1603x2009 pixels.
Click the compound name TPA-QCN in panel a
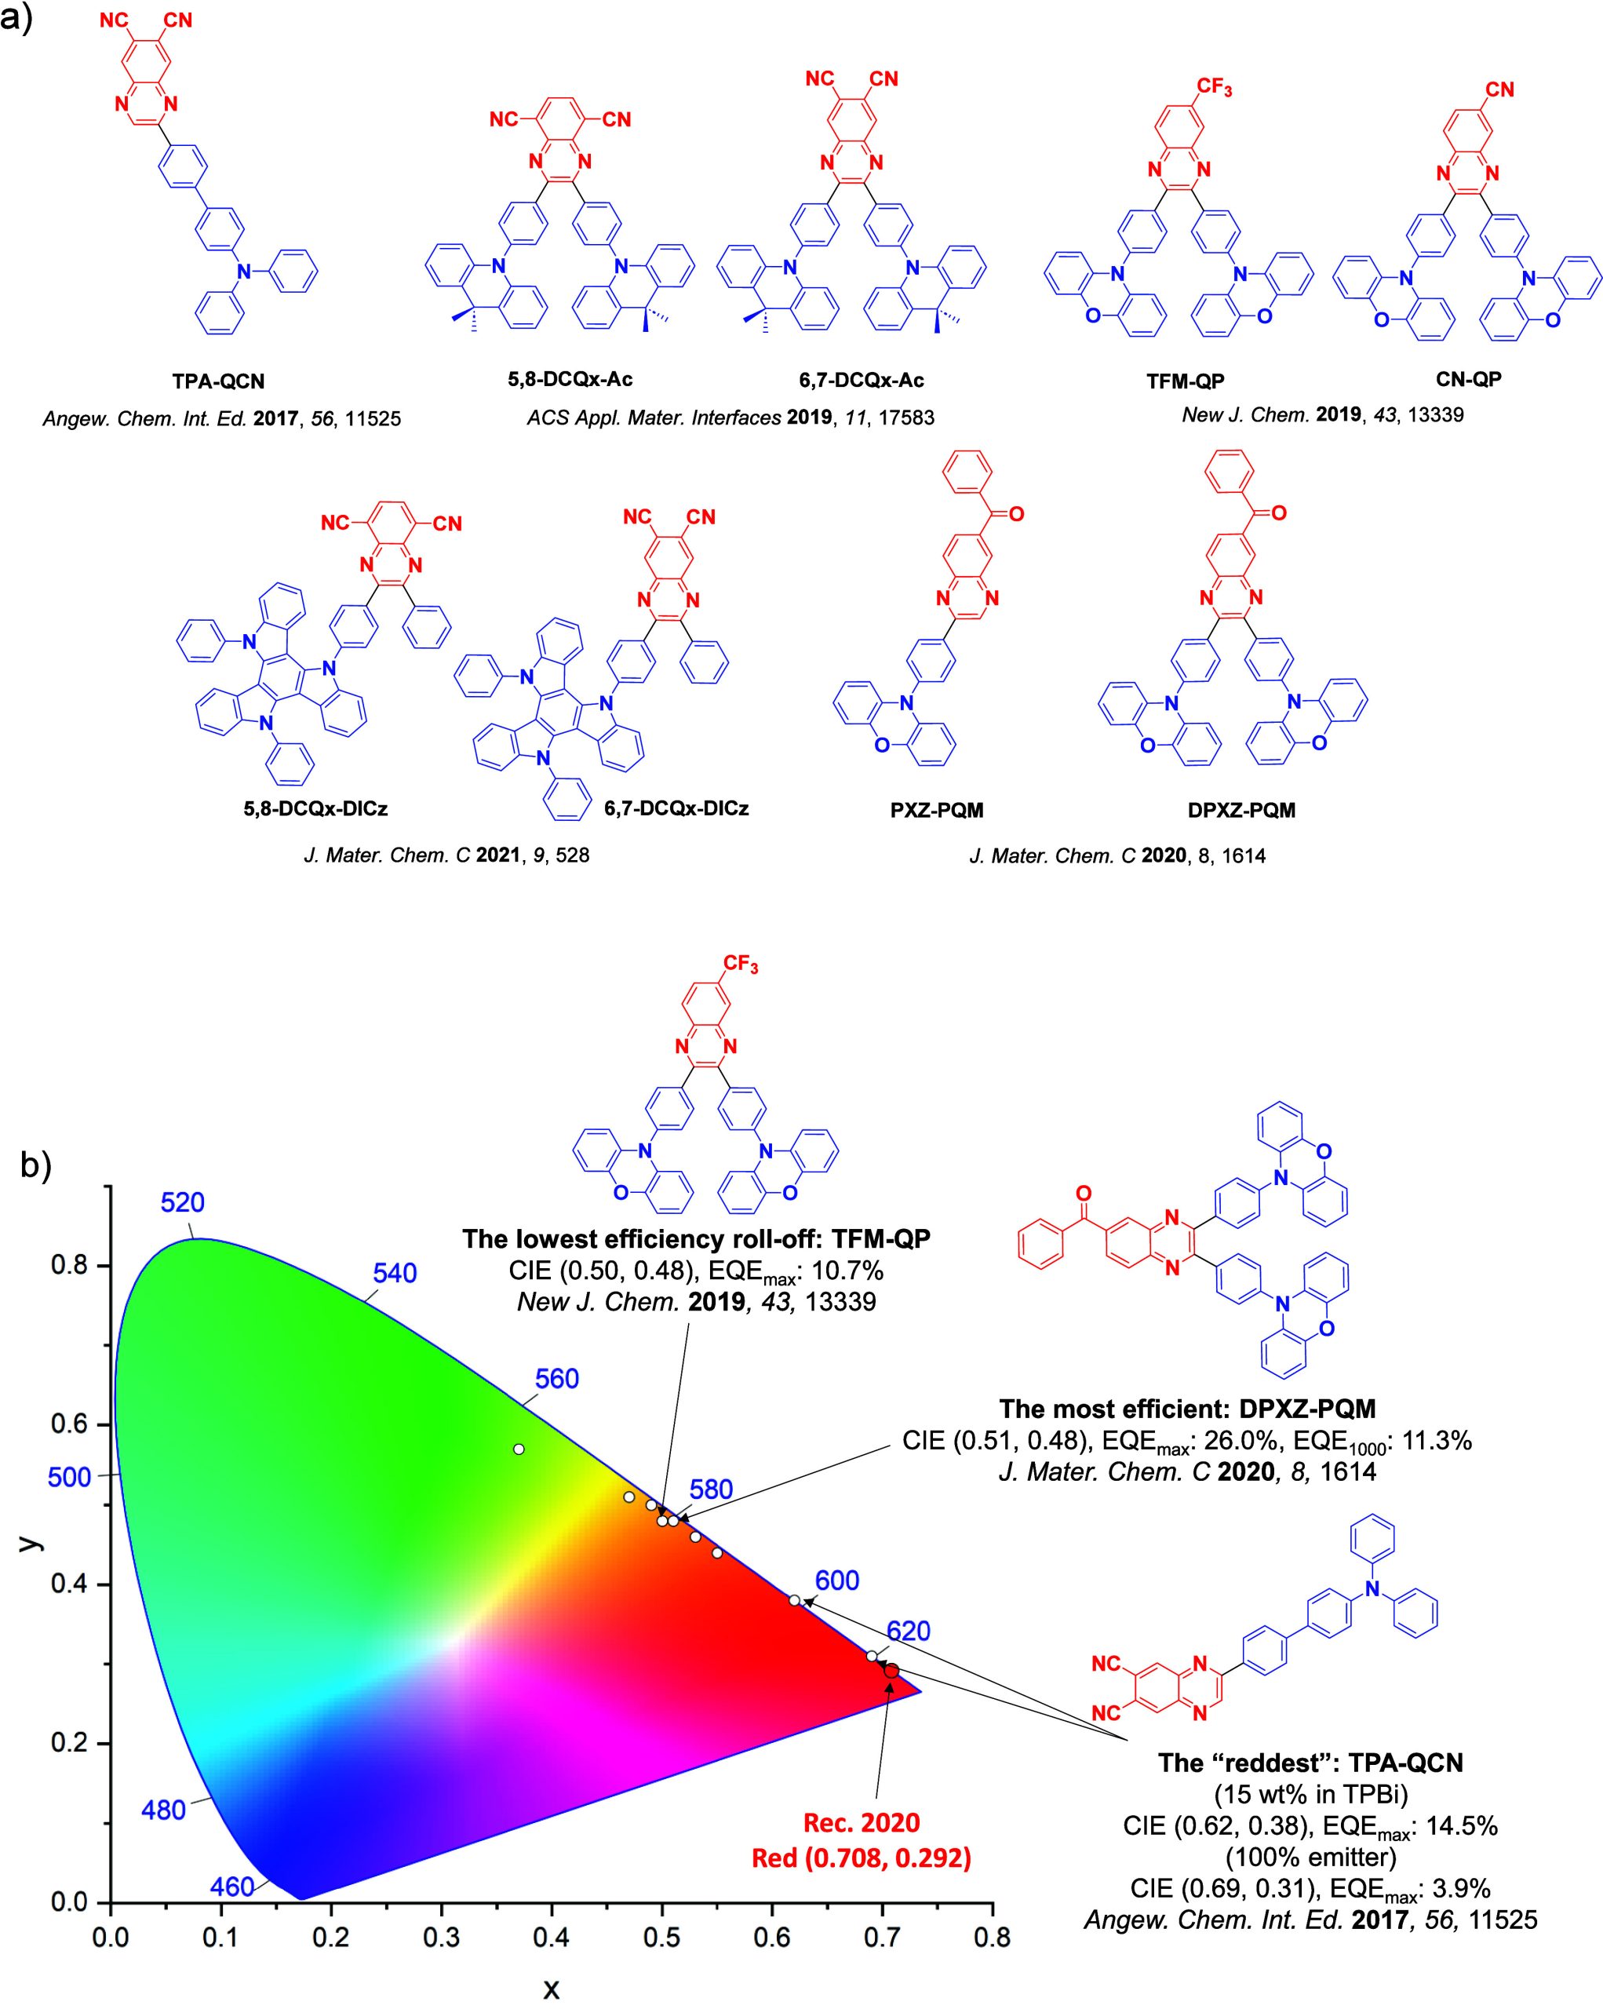[218, 381]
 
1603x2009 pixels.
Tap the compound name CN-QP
[1468, 378]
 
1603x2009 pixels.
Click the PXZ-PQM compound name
[936, 810]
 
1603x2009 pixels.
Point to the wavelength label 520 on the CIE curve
[183, 1203]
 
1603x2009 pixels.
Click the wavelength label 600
[836, 1581]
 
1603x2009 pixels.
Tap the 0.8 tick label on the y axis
[69, 1265]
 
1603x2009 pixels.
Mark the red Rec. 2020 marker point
[891, 1671]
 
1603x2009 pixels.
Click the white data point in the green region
[519, 1449]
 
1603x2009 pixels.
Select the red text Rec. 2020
[862, 1823]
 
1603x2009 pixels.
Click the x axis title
[552, 1989]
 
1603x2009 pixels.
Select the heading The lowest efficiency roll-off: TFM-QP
[696, 1238]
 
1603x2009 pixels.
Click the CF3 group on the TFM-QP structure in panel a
[1214, 88]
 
